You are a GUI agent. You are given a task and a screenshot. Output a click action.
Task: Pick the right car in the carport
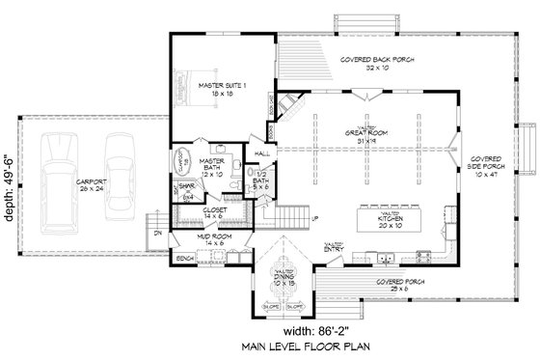pos(121,157)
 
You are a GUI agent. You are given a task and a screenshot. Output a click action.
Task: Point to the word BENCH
pos(185,258)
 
